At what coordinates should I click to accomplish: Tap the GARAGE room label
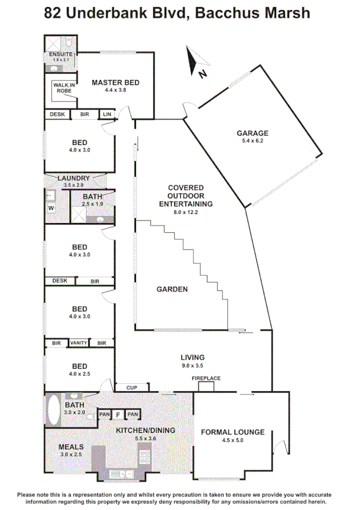[252, 133]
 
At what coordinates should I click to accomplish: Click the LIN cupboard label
[108, 114]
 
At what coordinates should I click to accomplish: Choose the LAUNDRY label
[74, 178]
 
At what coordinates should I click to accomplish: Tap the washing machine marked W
[51, 208]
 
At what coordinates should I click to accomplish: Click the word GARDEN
[172, 289]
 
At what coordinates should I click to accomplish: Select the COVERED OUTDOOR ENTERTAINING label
[186, 196]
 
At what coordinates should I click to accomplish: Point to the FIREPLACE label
[206, 378]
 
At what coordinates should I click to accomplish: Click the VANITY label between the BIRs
[78, 343]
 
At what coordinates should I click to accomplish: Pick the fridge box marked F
[118, 414]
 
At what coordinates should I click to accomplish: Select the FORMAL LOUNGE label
[233, 432]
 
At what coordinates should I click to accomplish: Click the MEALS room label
[71, 447]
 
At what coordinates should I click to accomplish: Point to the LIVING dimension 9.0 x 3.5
[192, 366]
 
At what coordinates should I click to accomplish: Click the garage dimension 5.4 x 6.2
[252, 141]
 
